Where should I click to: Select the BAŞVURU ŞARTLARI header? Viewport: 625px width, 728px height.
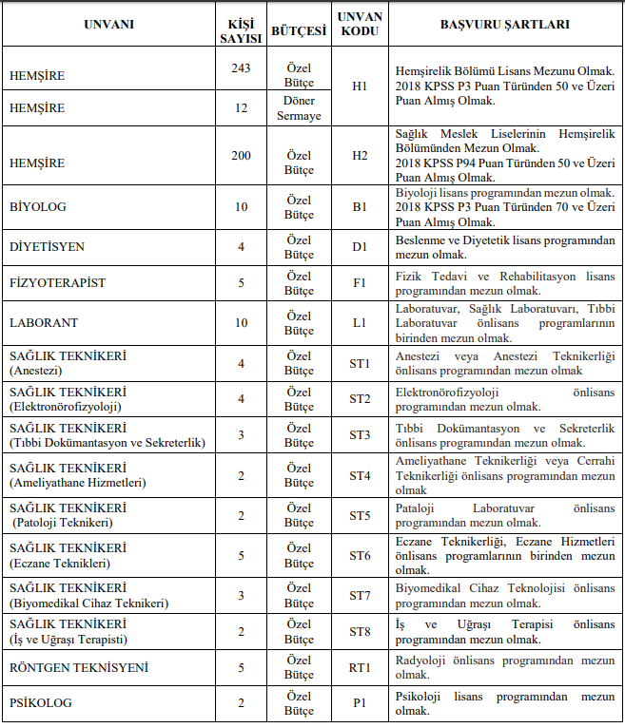point(505,24)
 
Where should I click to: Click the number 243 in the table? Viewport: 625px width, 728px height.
point(241,67)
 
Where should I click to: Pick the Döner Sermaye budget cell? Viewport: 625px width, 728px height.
point(299,108)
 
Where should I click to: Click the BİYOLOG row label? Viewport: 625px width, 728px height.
point(38,206)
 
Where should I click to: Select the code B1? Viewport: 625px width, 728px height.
point(360,206)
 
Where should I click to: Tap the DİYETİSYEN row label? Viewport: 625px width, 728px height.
point(47,247)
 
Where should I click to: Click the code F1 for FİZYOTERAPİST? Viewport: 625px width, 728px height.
point(360,283)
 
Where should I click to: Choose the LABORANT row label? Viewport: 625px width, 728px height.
point(44,323)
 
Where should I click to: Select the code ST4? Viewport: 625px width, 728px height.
point(360,475)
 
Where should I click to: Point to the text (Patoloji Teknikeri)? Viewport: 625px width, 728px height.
point(63,523)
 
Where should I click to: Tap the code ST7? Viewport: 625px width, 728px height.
point(360,596)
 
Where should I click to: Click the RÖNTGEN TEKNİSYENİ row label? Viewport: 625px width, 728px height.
point(79,668)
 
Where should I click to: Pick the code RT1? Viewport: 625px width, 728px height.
point(360,668)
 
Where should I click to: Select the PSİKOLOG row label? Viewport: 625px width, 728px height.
point(41,703)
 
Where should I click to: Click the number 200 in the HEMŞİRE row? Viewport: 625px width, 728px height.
point(241,155)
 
